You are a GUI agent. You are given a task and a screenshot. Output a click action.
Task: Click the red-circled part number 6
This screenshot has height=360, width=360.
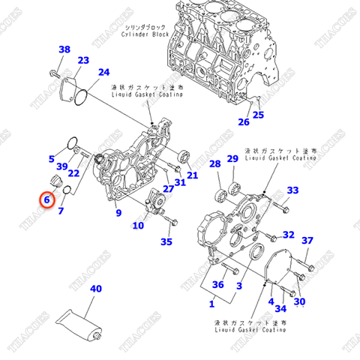pos(46,199)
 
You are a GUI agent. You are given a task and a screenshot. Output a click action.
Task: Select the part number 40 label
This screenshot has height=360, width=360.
pos(96,289)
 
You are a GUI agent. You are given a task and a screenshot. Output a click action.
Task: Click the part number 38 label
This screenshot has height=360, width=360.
pos(64,49)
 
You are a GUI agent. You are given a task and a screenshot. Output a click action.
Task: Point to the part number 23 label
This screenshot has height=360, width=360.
pos(83,60)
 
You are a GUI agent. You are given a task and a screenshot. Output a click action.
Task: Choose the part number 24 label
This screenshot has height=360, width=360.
pos(103,72)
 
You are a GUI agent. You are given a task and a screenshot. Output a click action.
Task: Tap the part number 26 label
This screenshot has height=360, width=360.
pos(244,121)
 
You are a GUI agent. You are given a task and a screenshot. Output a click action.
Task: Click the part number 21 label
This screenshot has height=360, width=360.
pos(192,175)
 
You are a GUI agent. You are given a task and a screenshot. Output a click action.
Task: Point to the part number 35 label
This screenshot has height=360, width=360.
pos(166,241)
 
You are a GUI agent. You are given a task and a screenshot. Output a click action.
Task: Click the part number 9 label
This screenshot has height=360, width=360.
pos(118,214)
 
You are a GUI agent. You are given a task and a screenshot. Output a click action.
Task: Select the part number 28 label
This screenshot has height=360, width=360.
pos(214,164)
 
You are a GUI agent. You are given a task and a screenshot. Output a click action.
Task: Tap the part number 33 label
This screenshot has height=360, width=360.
pos(292,190)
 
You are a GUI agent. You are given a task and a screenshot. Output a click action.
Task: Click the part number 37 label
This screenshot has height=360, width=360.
pos(307,240)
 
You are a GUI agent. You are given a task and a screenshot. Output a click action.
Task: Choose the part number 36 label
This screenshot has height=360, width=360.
pos(218,285)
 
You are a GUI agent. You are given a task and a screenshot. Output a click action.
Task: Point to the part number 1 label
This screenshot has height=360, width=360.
pos(211,304)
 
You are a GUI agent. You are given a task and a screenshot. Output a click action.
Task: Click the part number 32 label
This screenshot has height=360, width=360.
pos(288,235)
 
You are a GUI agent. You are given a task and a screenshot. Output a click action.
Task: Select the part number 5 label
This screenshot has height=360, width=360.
pos(52,159)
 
